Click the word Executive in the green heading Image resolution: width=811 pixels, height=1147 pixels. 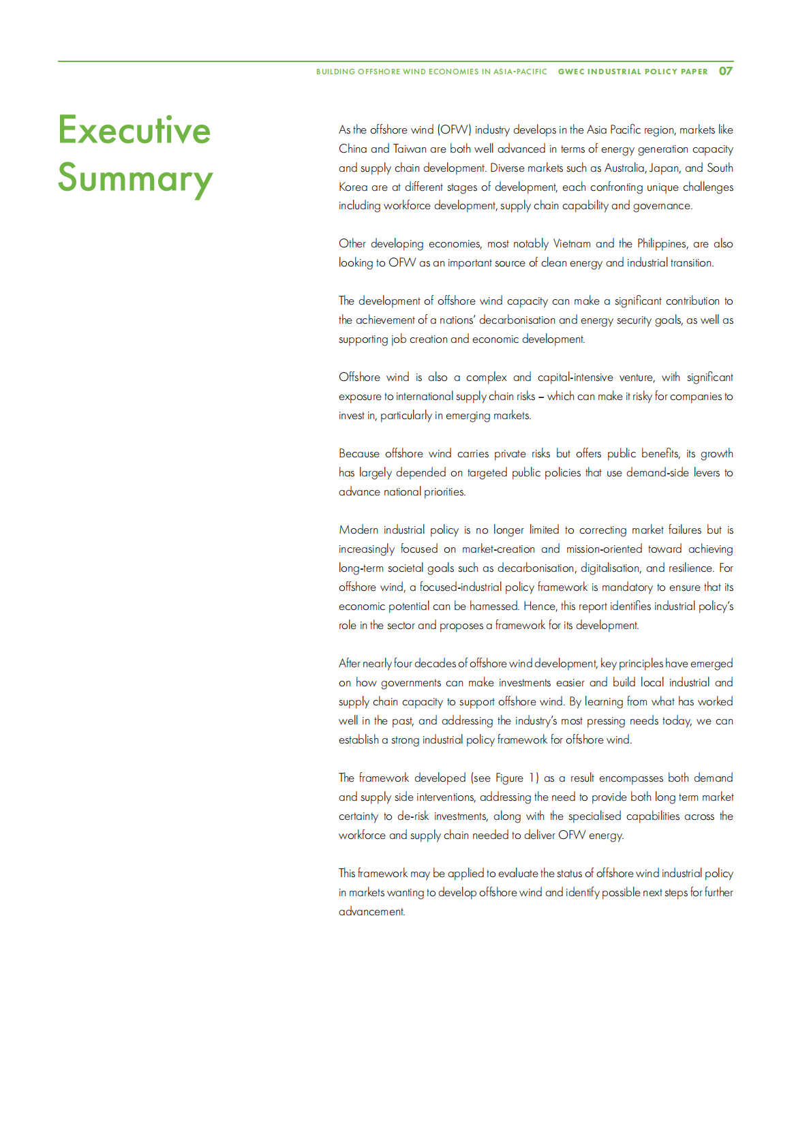click(134, 130)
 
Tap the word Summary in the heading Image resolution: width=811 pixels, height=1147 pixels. click(135, 179)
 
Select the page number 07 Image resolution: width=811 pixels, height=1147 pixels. click(726, 71)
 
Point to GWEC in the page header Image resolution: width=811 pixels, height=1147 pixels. click(571, 72)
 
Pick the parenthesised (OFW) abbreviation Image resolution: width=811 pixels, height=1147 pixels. click(455, 129)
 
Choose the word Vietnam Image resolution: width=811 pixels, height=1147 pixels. click(572, 244)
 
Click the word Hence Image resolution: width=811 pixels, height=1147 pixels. click(540, 607)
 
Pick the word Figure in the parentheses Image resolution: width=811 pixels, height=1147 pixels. click(509, 778)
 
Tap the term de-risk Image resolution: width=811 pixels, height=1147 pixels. click(413, 816)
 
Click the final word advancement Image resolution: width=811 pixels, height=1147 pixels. click(371, 912)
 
